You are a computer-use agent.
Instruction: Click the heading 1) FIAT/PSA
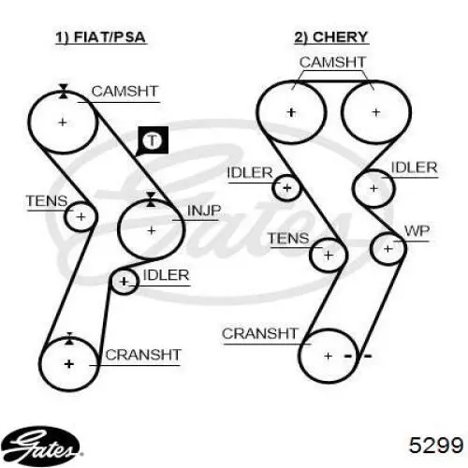pyautogui.click(x=100, y=37)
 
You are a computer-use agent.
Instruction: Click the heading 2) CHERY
pyautogui.click(x=331, y=37)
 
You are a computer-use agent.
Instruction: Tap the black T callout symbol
pyautogui.click(x=153, y=140)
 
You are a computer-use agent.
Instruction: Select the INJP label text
pyautogui.click(x=204, y=211)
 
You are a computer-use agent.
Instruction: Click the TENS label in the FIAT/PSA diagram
pyautogui.click(x=47, y=201)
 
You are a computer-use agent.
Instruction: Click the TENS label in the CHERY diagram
pyautogui.click(x=288, y=239)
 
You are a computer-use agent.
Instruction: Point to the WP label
pyautogui.click(x=417, y=231)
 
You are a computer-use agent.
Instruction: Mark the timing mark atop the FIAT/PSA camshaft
pyautogui.click(x=64, y=91)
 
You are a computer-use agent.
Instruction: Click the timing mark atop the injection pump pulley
pyautogui.click(x=151, y=199)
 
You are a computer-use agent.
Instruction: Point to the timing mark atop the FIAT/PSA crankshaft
pyautogui.click(x=69, y=339)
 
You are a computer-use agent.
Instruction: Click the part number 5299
pyautogui.click(x=436, y=445)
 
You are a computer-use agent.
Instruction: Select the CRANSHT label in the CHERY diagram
pyautogui.click(x=260, y=334)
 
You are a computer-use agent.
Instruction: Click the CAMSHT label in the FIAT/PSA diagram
pyautogui.click(x=124, y=92)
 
